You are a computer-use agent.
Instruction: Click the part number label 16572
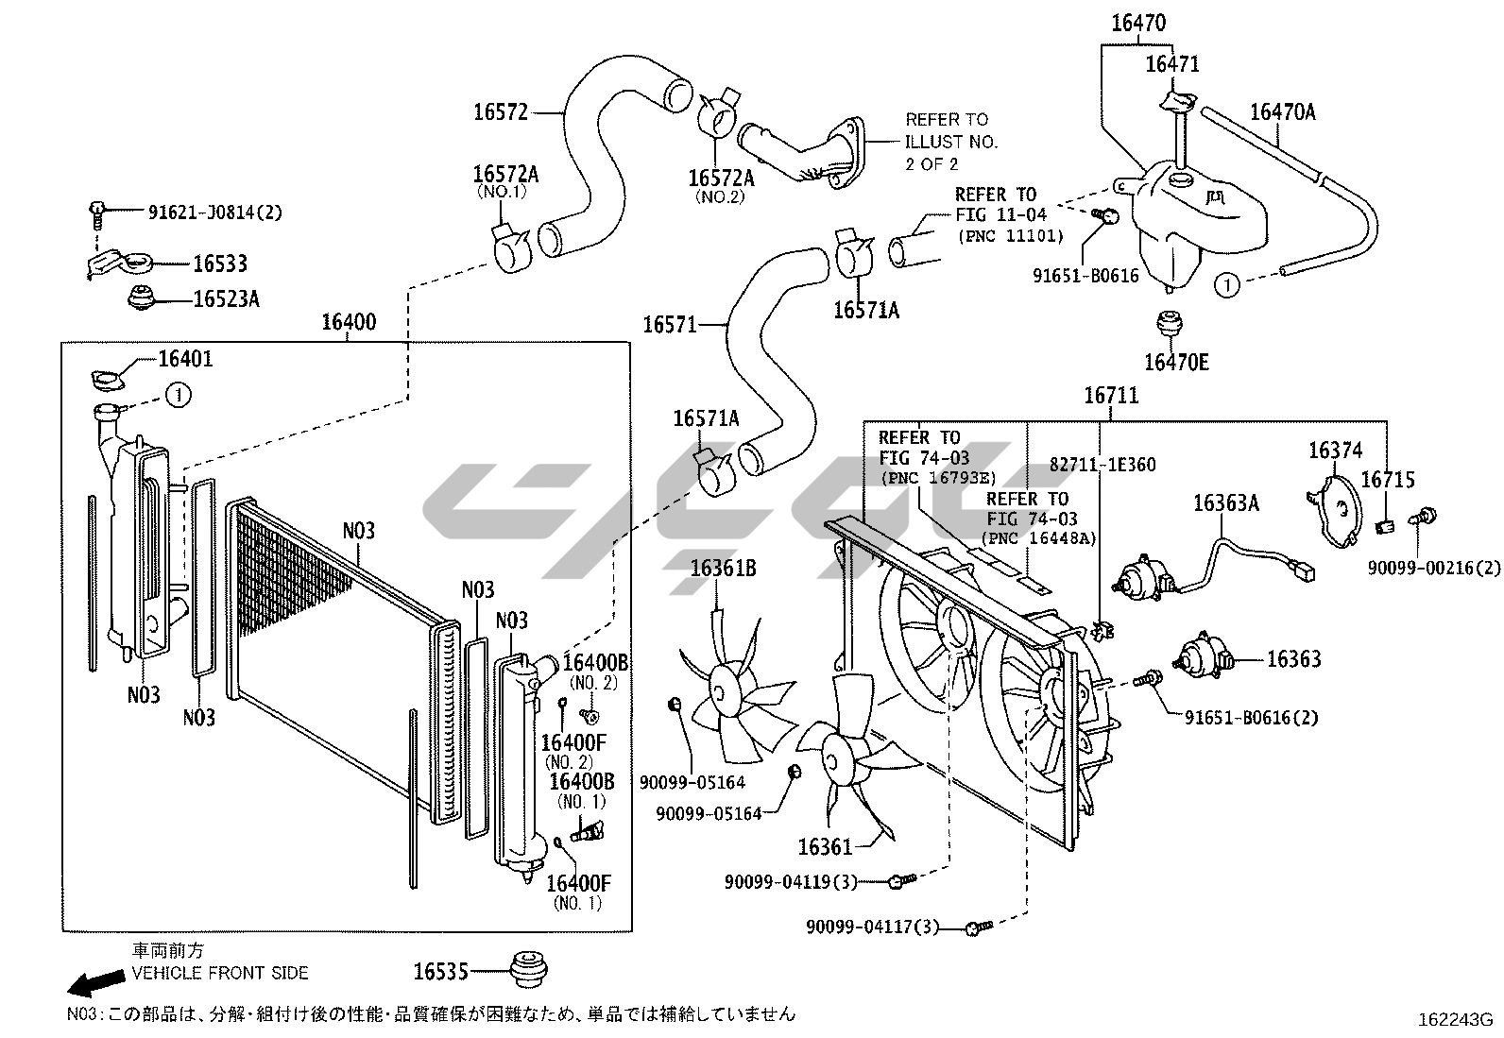point(500,112)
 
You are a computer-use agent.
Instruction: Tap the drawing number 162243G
point(1453,1020)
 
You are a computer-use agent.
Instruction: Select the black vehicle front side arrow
point(95,983)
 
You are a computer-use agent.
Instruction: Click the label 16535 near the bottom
point(441,970)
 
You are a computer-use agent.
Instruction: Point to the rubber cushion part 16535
point(529,969)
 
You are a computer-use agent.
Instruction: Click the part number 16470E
point(1176,363)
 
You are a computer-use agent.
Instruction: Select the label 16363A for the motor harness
point(1225,503)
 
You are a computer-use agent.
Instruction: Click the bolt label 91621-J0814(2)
point(215,213)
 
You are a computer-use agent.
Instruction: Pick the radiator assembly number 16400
point(348,323)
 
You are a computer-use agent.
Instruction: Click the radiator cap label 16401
point(185,359)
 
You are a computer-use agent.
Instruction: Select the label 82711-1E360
point(1102,465)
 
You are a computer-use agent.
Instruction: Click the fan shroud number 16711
point(1111,396)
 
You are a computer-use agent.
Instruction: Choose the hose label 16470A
point(1282,112)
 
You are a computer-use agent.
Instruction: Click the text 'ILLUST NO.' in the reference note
point(951,142)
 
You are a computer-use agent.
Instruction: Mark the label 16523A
point(226,299)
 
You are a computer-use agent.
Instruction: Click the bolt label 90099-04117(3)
point(872,927)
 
